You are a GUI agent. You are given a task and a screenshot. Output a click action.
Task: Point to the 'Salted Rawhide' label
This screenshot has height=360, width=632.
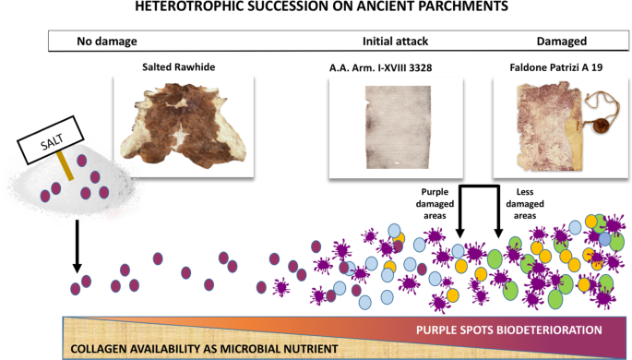[x=185, y=67]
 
